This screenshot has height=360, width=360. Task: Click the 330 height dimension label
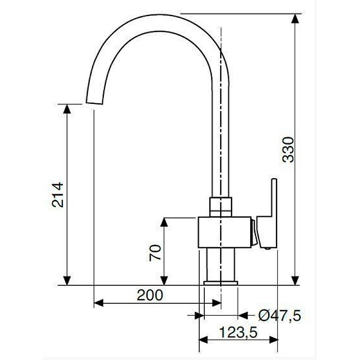point(288,150)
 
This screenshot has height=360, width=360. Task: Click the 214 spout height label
point(58,194)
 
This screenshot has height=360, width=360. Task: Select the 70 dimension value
point(155,252)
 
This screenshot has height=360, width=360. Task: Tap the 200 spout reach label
point(150,295)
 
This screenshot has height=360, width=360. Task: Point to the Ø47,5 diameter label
point(279,316)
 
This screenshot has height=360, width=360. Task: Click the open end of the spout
point(94,103)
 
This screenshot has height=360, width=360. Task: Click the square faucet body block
point(224,232)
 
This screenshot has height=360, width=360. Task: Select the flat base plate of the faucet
point(220,283)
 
